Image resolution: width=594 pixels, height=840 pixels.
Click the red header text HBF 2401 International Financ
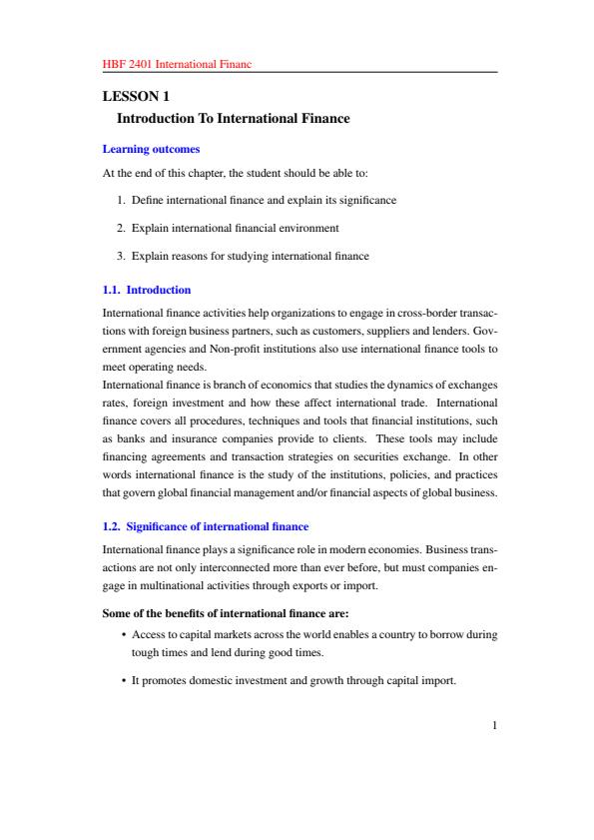pyautogui.click(x=177, y=64)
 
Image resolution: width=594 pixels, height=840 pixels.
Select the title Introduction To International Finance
pyautogui.click(x=234, y=119)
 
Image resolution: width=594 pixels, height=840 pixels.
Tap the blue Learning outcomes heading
pyautogui.click(x=152, y=150)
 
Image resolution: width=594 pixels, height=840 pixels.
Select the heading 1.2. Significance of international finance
pyautogui.click(x=206, y=525)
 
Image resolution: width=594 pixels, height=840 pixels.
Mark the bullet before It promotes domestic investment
pyautogui.click(x=122, y=682)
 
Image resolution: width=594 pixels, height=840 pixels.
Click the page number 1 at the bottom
pyautogui.click(x=493, y=726)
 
